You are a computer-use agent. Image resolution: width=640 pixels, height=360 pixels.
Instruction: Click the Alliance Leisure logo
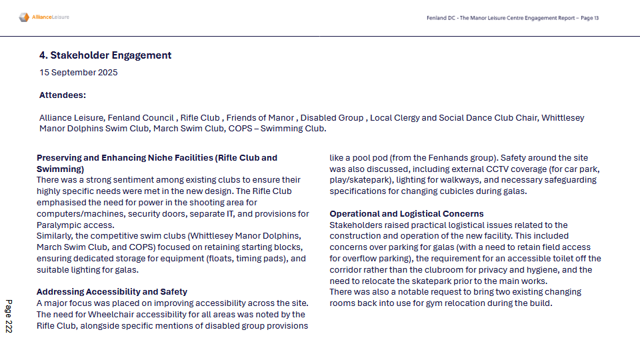(44, 17)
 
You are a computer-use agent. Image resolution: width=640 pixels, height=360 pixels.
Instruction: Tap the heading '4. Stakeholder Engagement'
(105, 55)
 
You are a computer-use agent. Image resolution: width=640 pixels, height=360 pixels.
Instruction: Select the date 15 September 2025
(78, 73)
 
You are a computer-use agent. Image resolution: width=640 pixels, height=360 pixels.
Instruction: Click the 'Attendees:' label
(63, 95)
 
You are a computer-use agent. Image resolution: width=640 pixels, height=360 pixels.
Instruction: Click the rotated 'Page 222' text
(9, 316)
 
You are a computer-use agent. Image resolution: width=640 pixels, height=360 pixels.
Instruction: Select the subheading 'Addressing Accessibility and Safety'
(112, 292)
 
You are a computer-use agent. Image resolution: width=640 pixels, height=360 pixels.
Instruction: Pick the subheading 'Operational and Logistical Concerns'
(407, 214)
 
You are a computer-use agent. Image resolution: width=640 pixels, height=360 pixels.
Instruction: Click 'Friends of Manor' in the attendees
(259, 118)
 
